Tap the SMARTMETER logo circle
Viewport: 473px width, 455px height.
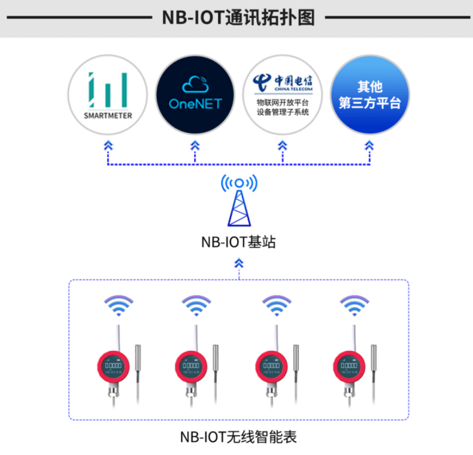coord(108,95)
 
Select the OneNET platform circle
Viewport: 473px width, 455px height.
coord(195,95)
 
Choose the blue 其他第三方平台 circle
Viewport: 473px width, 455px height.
coord(369,95)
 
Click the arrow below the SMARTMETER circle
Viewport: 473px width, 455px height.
coord(108,145)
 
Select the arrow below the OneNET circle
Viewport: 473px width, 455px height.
coord(195,145)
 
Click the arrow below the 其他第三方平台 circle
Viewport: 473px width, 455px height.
coord(369,145)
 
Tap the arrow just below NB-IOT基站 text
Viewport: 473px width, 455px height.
coord(239,263)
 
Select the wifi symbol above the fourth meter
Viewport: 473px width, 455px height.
coord(354,305)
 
